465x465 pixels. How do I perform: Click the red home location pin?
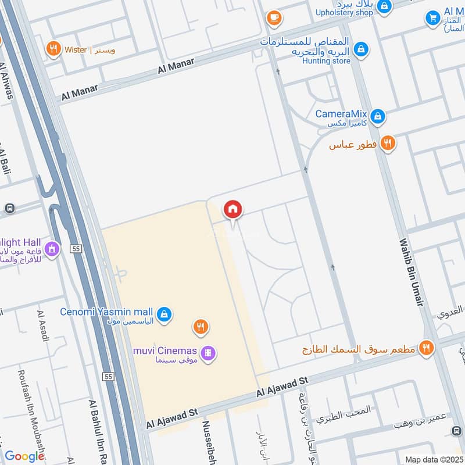pos(233,209)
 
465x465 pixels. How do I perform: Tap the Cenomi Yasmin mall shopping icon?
pos(164,314)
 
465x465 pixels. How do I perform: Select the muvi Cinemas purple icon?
pos(208,352)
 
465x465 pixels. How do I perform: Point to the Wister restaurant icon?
pos(53,49)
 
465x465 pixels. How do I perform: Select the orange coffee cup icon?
pos(274,18)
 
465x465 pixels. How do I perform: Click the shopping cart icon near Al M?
pos(432,18)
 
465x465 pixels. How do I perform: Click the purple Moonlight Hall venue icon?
pos(52,249)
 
